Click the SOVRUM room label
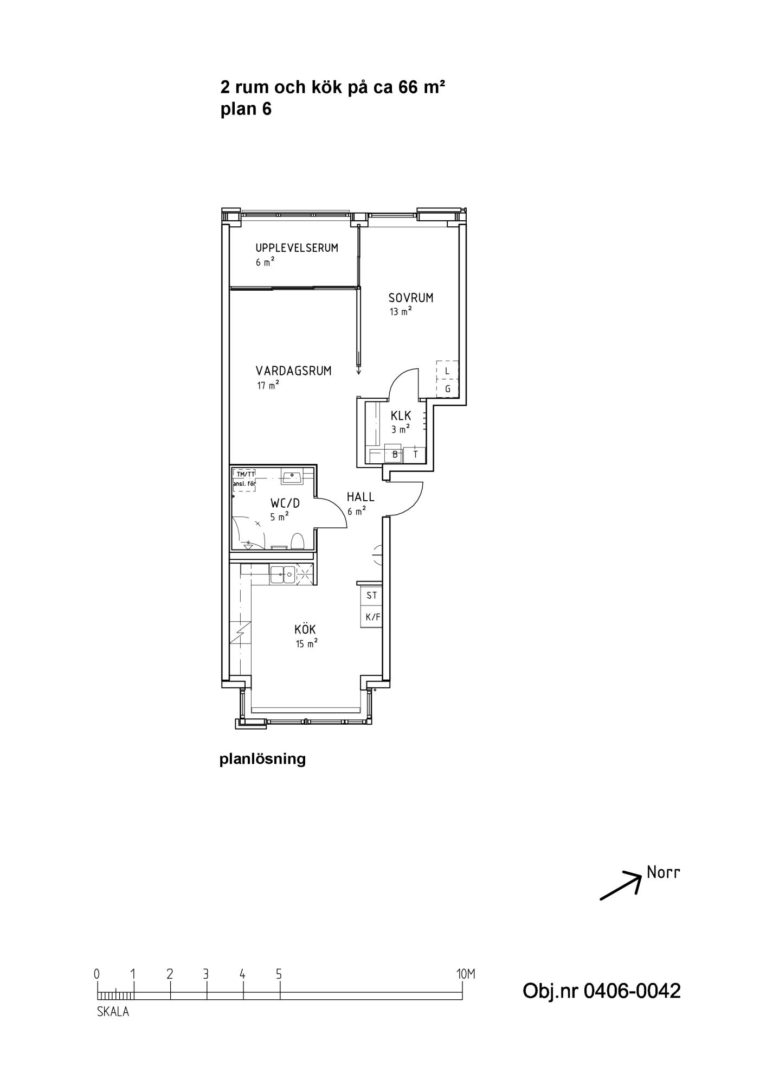click(411, 297)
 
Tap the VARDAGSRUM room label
click(293, 371)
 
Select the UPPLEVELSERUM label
click(297, 248)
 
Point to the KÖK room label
click(305, 629)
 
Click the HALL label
click(361, 496)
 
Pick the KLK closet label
click(401, 416)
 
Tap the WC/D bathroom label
click(285, 503)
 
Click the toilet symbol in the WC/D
click(297, 541)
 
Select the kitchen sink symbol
click(282, 573)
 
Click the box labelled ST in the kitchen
click(372, 595)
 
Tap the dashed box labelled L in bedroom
click(447, 370)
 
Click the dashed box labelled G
click(447, 388)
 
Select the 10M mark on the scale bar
click(466, 974)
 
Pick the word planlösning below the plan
click(262, 759)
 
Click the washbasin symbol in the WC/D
click(291, 477)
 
